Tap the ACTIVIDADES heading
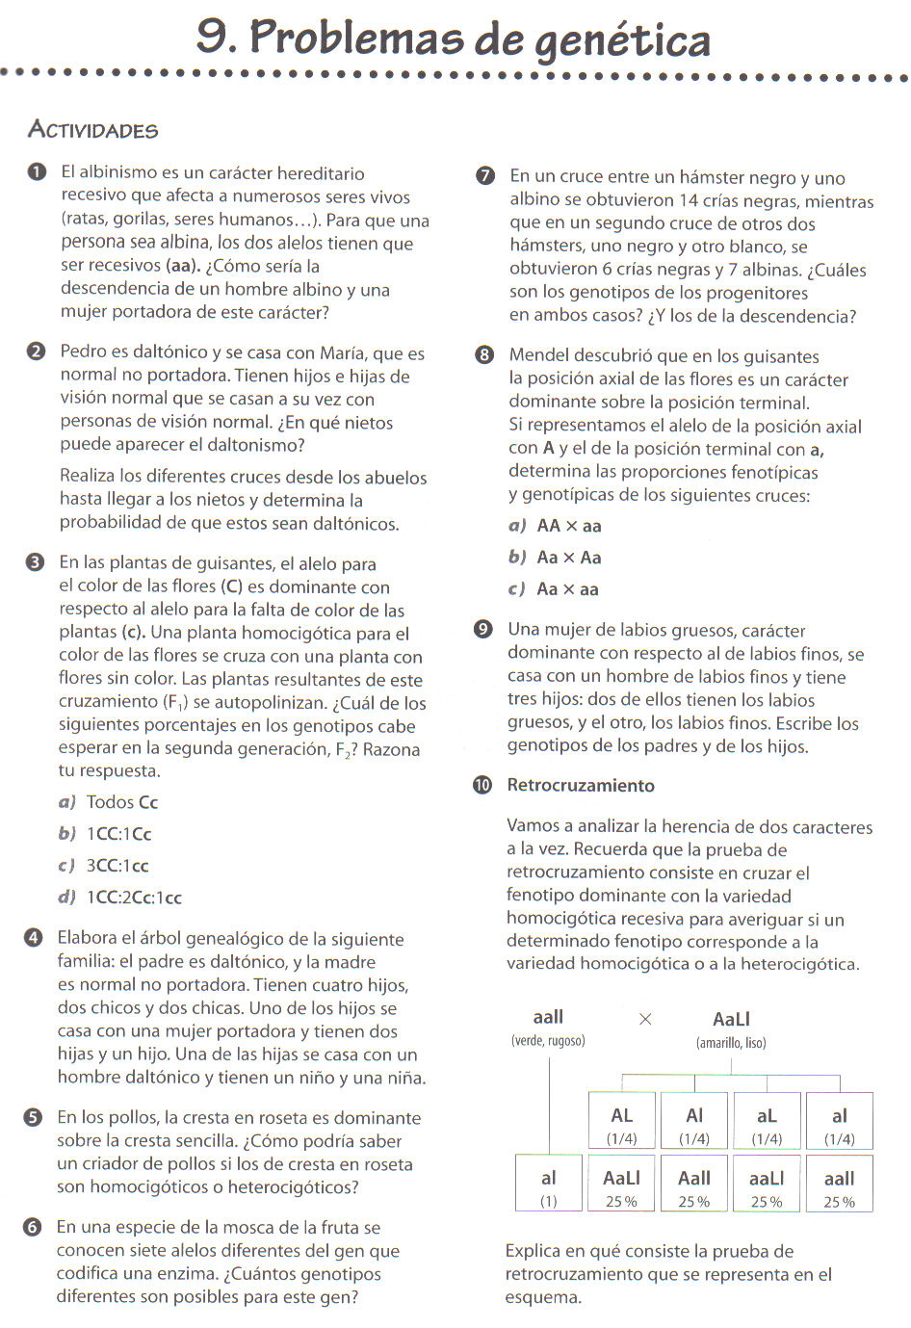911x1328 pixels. [92, 130]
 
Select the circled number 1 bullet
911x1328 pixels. [37, 172]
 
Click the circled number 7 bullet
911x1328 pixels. [485, 175]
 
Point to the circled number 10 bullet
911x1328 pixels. [482, 785]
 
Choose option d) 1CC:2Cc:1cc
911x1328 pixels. [120, 897]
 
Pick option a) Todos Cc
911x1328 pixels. [109, 802]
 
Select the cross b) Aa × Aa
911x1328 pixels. [556, 558]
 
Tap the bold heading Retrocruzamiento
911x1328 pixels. [581, 785]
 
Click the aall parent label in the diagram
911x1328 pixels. [548, 1017]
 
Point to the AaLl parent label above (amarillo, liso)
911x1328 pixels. [731, 1019]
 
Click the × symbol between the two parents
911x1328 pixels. [645, 1019]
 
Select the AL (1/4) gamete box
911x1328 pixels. [622, 1122]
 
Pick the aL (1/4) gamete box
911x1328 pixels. [767, 1122]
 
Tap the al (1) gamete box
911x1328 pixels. [549, 1184]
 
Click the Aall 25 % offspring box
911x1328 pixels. [694, 1184]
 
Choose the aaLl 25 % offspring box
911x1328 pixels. [767, 1184]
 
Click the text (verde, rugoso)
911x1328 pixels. [548, 1041]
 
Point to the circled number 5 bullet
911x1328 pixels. [34, 1117]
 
